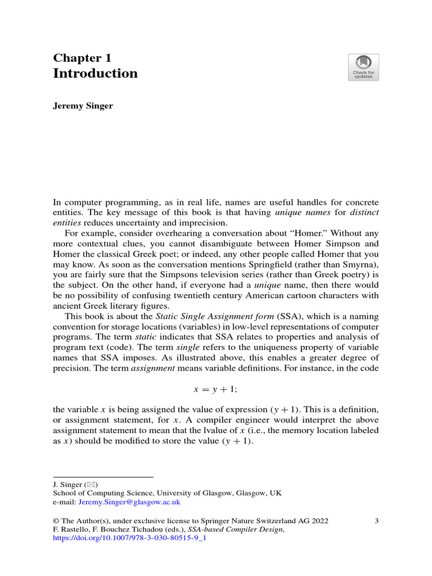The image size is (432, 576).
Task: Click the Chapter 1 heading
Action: [x=82, y=58]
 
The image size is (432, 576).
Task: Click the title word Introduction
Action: [x=95, y=74]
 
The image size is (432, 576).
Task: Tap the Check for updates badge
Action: [x=363, y=67]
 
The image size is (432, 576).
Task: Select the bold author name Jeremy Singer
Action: [x=83, y=106]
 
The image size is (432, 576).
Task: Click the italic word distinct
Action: [x=361, y=212]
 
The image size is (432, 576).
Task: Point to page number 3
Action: [x=376, y=521]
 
